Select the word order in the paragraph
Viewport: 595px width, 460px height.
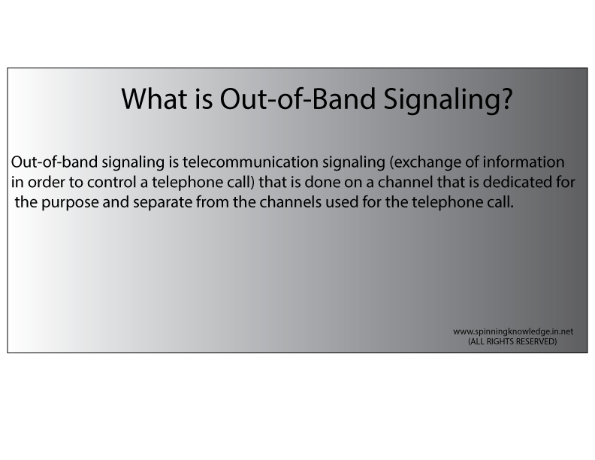click(43, 183)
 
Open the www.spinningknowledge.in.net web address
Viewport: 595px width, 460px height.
click(514, 331)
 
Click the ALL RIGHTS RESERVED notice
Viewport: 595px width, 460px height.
click(512, 341)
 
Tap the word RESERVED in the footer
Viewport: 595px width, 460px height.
click(535, 341)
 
